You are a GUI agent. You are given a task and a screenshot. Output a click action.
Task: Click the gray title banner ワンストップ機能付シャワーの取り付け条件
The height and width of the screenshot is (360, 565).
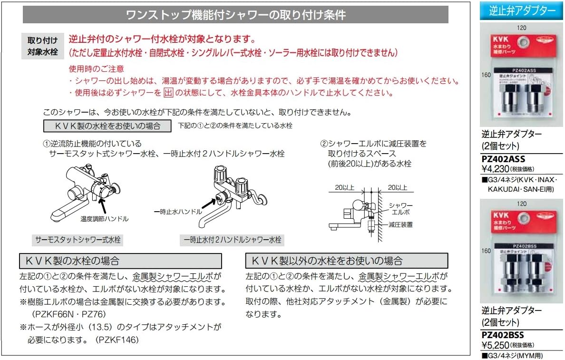coord(235,15)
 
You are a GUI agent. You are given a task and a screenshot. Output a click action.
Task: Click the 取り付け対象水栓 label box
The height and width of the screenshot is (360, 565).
coord(42,46)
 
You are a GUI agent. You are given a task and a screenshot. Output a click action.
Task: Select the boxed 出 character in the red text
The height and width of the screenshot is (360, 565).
coord(168,93)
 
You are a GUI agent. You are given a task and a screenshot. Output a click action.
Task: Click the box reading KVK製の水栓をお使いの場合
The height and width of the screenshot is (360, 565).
coord(107,126)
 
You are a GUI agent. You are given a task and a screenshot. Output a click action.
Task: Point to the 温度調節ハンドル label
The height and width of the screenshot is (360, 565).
coord(104,219)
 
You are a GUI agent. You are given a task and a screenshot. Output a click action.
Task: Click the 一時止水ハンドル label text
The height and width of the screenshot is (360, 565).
coord(177,211)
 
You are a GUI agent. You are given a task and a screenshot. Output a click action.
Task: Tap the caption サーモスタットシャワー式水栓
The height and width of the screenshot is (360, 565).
coord(78,240)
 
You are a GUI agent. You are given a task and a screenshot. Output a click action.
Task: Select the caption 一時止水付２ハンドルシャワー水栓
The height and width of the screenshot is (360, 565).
coord(233,240)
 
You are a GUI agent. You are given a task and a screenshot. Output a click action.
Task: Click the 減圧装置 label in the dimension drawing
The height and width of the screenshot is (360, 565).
coord(400,224)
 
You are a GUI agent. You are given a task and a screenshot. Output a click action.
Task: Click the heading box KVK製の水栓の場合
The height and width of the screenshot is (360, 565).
coord(121,261)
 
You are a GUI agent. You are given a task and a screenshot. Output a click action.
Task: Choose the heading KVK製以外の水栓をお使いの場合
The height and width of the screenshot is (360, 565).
coord(346,261)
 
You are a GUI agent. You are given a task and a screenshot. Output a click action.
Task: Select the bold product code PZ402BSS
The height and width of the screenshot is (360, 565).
coord(503,335)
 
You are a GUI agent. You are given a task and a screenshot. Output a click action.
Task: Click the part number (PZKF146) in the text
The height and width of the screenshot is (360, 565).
coord(117,341)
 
